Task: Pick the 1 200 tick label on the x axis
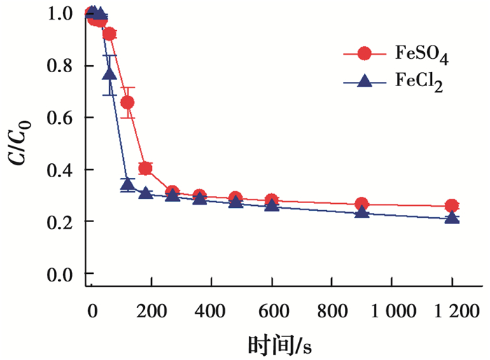[452, 311]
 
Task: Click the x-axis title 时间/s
[279, 345]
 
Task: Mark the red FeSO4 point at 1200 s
[452, 206]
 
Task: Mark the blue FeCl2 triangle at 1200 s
[452, 218]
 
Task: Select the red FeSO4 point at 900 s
[362, 205]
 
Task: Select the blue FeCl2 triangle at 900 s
[362, 212]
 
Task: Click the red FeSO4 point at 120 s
[127, 102]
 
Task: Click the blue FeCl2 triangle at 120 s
[127, 184]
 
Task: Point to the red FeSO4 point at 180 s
[146, 168]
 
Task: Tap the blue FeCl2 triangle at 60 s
[109, 73]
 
